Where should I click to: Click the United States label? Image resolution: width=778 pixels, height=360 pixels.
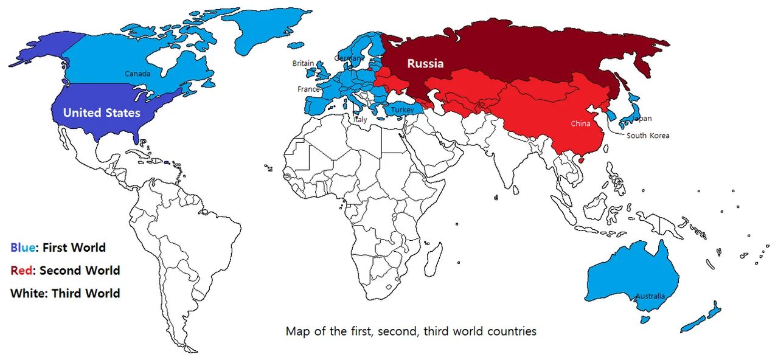(102, 113)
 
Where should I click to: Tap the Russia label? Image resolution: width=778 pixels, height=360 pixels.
(425, 63)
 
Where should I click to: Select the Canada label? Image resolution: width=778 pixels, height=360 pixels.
(137, 74)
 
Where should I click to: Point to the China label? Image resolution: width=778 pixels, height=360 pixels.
(580, 124)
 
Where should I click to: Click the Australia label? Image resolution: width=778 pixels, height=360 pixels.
(650, 296)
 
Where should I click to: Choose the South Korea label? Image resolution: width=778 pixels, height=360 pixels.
(648, 136)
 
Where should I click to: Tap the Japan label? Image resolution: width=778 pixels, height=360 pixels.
(642, 119)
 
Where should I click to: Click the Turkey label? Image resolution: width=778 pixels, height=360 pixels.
(402, 109)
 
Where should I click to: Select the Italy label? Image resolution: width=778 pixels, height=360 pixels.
(361, 120)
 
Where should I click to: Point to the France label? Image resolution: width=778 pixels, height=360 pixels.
(308, 89)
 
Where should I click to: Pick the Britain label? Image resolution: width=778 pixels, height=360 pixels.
(303, 63)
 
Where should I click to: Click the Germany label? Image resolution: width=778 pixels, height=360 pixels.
(349, 58)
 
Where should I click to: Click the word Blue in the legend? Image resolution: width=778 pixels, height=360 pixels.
(22, 247)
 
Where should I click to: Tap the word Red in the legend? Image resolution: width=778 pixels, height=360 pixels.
(21, 270)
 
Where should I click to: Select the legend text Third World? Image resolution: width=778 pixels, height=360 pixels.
(85, 293)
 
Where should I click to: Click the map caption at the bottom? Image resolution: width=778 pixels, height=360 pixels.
(411, 331)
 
